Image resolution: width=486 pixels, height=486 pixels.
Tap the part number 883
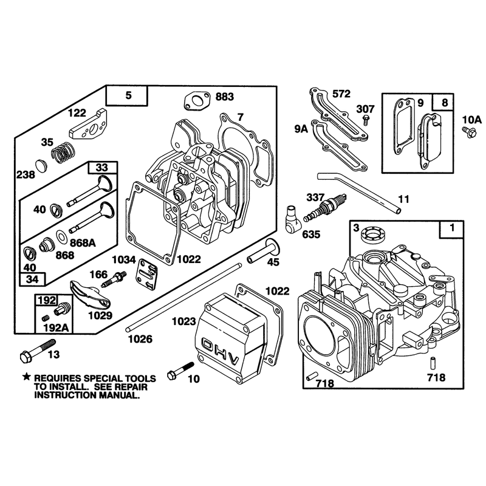(225, 97)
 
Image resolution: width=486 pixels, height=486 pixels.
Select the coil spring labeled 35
(63, 152)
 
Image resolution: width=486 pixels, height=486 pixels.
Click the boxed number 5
(128, 95)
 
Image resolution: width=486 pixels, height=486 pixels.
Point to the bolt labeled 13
(38, 351)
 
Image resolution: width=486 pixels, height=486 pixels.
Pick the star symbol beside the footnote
(27, 377)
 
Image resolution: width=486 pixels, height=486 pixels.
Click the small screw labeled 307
(366, 119)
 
